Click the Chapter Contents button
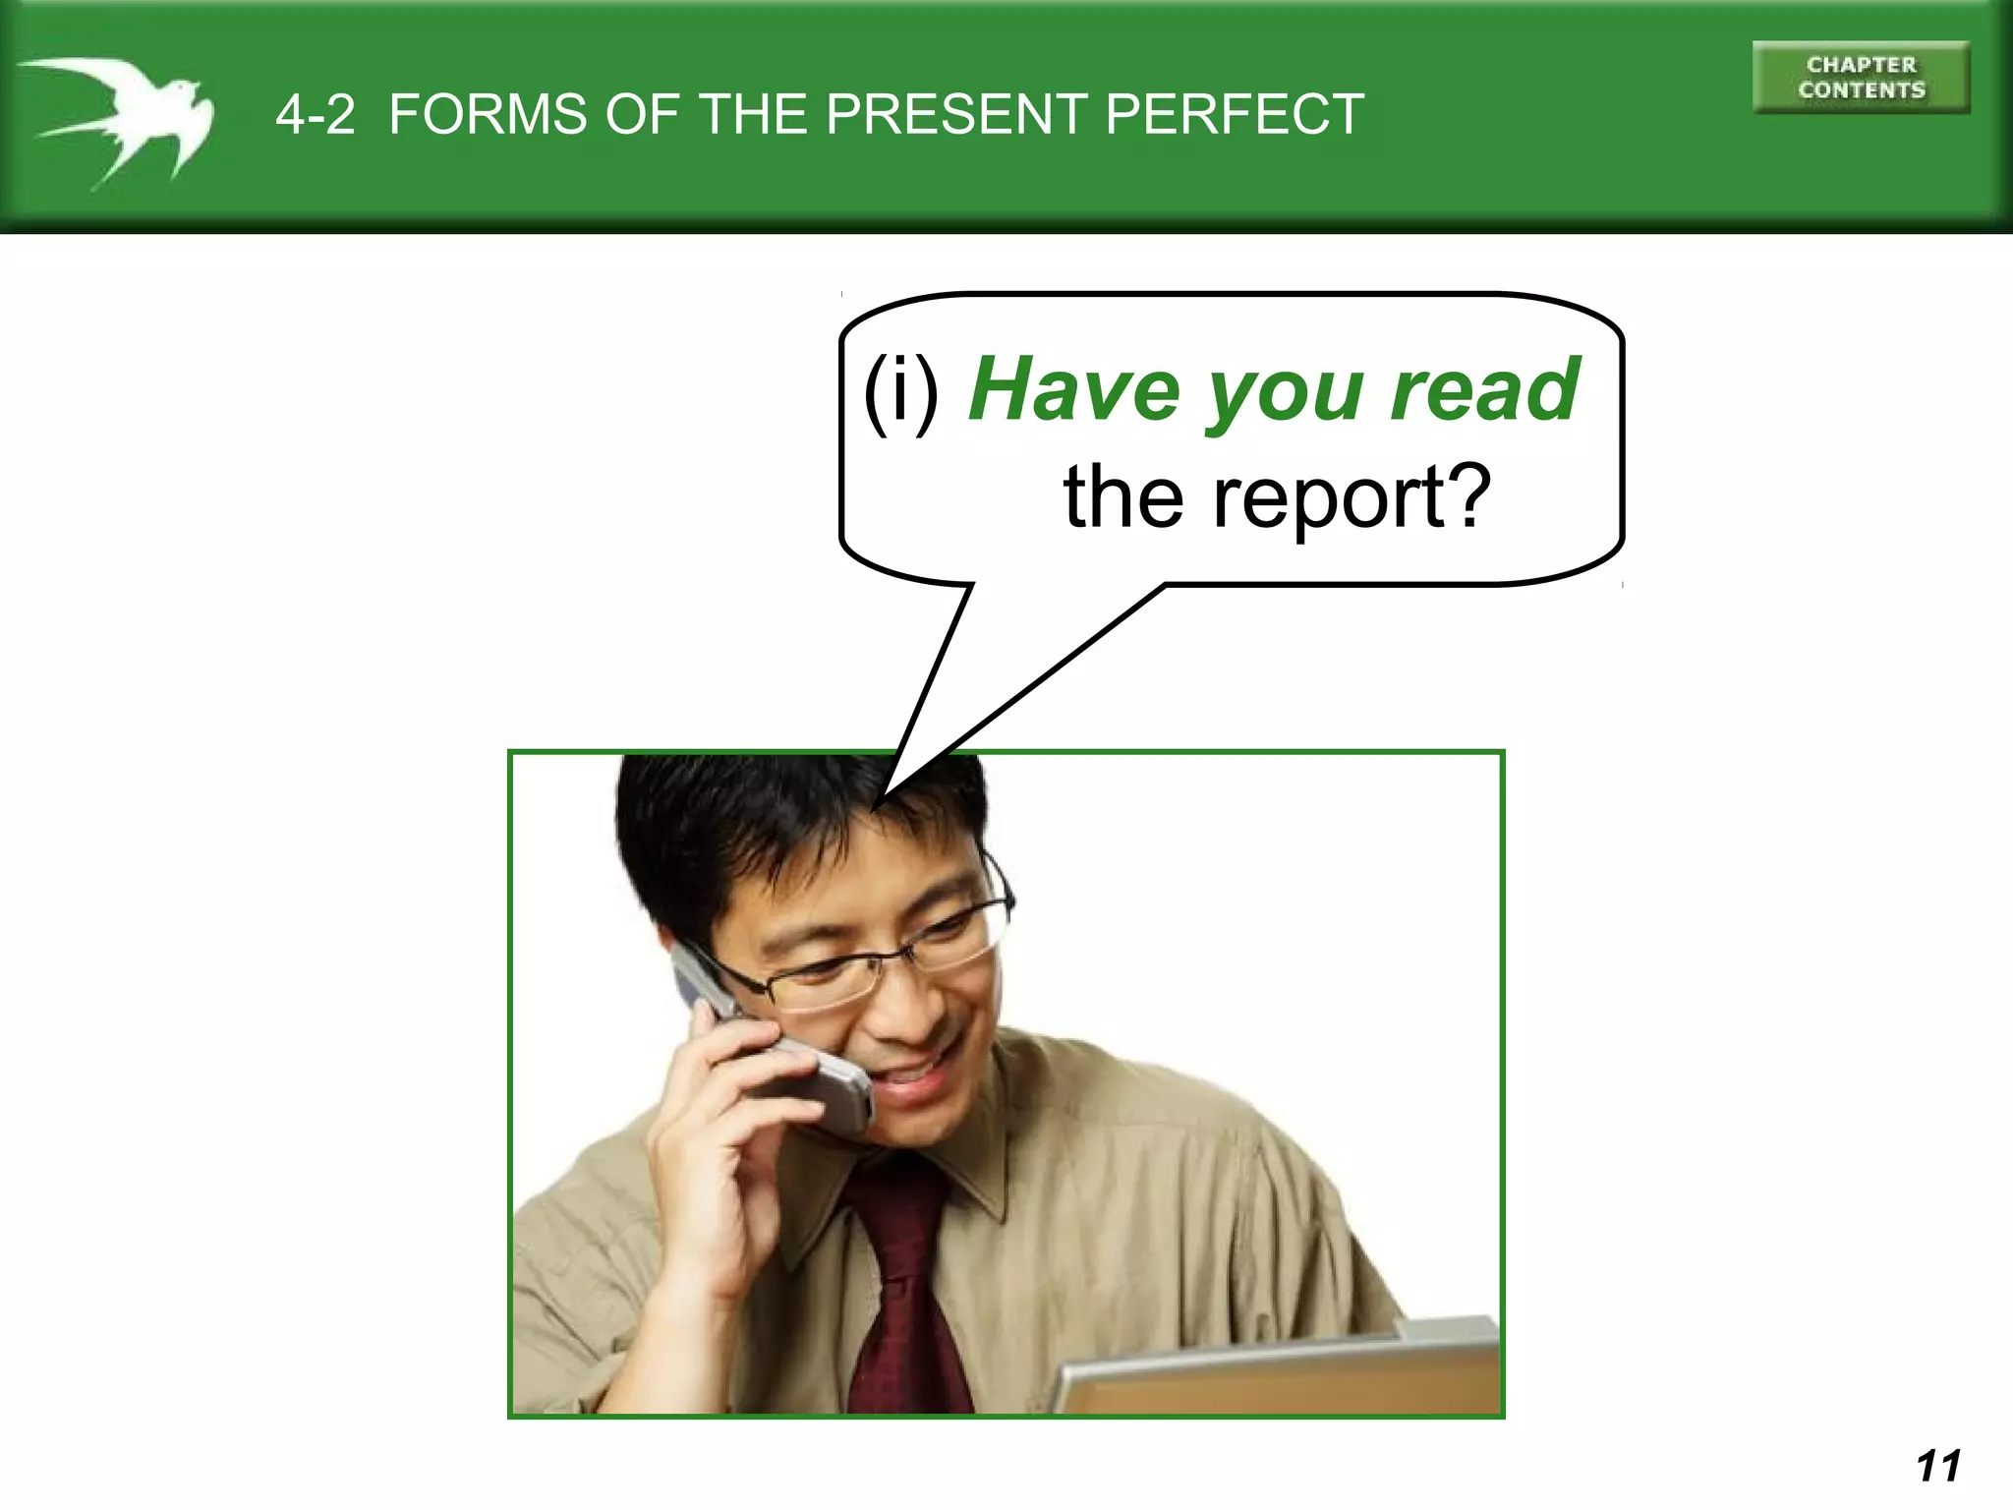pos(1861,78)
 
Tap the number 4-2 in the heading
pos(315,115)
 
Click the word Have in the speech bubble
pos(1074,390)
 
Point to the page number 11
pos(1937,1466)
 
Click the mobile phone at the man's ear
pos(786,1052)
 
